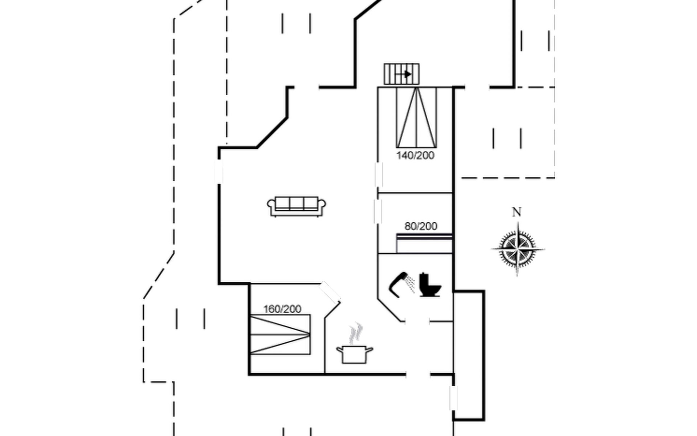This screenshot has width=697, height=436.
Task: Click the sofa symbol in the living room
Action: coord(296,206)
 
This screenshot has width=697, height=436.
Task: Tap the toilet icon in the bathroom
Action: coord(430,285)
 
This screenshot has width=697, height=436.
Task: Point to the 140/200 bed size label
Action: coord(415,156)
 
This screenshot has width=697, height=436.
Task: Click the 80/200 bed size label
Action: coord(421,226)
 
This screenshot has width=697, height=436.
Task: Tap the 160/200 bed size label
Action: coord(282,309)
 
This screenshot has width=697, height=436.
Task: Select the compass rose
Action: coord(518,249)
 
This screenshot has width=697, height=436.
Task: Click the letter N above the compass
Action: coord(517,212)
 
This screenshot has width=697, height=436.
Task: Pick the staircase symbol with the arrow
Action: coord(402,74)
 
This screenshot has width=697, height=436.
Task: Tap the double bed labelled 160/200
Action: coord(280,335)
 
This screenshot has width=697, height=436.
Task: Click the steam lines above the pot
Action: coord(356,332)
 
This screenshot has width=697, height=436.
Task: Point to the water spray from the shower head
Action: coord(411,284)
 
